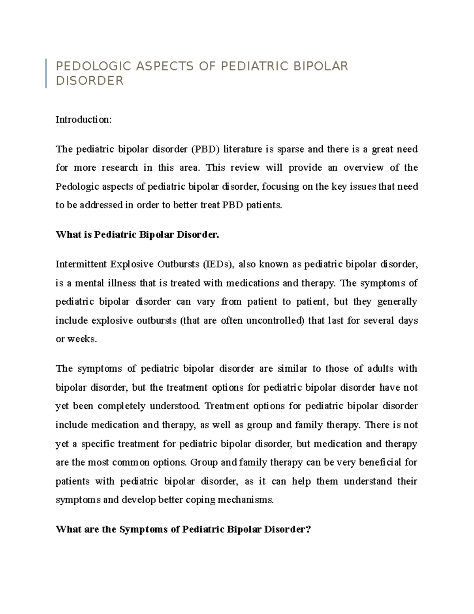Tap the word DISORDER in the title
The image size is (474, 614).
point(90,81)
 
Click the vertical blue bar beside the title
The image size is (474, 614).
point(46,73)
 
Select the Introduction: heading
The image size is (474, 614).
point(84,119)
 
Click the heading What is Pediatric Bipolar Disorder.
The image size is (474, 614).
point(137,235)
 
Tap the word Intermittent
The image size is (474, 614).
point(81,264)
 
